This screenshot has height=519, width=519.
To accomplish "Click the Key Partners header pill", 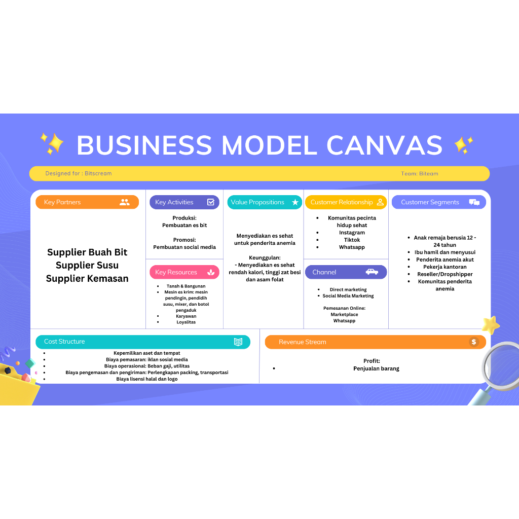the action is (87, 202).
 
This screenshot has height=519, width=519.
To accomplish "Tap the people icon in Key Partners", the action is (125, 202).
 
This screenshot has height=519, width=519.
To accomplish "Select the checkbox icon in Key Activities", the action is (211, 202).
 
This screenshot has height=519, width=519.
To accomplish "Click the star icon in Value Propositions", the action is (295, 202).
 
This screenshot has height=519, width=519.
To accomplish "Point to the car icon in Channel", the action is (372, 272).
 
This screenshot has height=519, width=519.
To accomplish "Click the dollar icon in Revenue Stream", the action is (474, 342).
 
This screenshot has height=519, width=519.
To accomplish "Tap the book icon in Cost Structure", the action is (238, 342).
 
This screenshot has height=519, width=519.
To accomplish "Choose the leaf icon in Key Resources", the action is (211, 272).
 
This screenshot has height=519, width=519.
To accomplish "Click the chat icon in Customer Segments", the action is (474, 202).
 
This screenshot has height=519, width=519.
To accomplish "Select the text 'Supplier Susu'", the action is (87, 265).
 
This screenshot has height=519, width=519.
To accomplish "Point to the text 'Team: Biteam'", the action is (420, 173).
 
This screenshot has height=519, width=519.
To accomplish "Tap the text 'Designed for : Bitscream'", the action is (79, 173).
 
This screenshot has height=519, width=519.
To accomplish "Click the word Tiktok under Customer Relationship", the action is (352, 240).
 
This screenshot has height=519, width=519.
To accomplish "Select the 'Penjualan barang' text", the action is (376, 368).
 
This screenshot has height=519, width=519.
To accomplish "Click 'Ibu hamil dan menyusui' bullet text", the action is (444, 252).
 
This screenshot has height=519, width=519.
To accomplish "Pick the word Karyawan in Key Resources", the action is (186, 316).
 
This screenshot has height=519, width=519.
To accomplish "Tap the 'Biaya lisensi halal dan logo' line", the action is (147, 379).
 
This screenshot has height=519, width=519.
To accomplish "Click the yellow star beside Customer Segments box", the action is (490, 324).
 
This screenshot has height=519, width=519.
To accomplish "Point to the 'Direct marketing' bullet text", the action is (348, 289).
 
